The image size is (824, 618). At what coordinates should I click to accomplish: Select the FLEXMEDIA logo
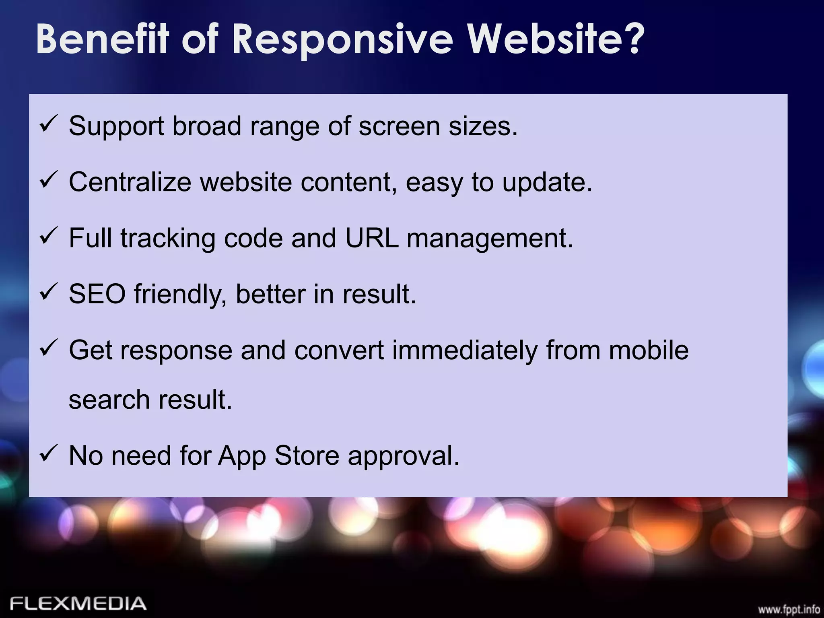[78, 603]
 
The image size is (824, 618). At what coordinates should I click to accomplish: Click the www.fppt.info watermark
[789, 609]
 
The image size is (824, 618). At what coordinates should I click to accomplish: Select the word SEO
[97, 294]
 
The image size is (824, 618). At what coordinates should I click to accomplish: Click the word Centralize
[130, 182]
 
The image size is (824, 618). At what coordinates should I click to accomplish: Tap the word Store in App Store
[307, 456]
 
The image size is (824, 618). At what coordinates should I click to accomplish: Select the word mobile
[649, 350]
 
